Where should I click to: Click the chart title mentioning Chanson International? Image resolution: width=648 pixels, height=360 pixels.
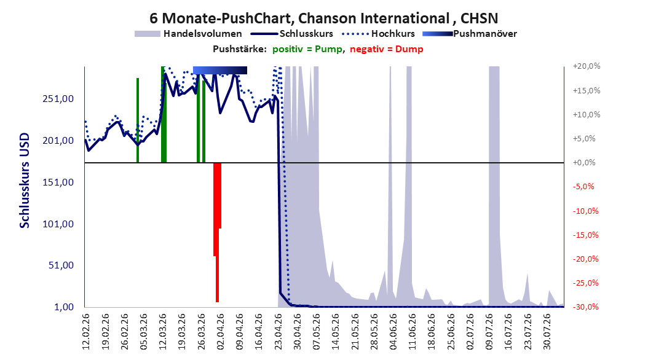pyautogui.click(x=323, y=18)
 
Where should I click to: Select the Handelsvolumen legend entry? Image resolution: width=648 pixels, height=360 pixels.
pyautogui.click(x=189, y=34)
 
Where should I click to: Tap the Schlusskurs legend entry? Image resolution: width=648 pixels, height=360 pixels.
pyautogui.click(x=292, y=34)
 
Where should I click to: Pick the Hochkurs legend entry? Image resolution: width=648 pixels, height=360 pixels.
pyautogui.click(x=378, y=34)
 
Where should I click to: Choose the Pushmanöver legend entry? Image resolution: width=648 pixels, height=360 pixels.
pyautogui.click(x=470, y=34)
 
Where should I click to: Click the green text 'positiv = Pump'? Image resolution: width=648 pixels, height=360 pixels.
pyautogui.click(x=307, y=49)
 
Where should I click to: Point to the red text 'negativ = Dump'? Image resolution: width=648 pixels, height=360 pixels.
pyautogui.click(x=387, y=49)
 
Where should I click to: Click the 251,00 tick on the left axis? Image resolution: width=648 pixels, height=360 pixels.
pyautogui.click(x=58, y=99)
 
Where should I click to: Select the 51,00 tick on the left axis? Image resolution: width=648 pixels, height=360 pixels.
pyautogui.click(x=61, y=265)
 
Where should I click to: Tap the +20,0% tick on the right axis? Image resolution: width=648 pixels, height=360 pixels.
pyautogui.click(x=587, y=66)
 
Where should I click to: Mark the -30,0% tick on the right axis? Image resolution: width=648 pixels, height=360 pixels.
pyautogui.click(x=585, y=307)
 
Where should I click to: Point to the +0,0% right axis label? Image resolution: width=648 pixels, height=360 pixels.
pyautogui.click(x=584, y=163)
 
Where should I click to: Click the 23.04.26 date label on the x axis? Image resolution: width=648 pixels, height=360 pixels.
pyautogui.click(x=278, y=332)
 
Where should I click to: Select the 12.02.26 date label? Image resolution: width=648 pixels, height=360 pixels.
pyautogui.click(x=86, y=332)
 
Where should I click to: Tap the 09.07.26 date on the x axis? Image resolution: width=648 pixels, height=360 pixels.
pyautogui.click(x=489, y=332)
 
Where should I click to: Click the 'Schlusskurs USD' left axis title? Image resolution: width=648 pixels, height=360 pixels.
pyautogui.click(x=25, y=181)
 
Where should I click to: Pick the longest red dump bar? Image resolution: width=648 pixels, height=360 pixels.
pyautogui.click(x=218, y=232)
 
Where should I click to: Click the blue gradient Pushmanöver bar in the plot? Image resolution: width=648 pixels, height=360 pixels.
pyautogui.click(x=220, y=70)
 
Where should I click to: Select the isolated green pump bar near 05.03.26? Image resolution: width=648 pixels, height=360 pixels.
pyautogui.click(x=138, y=120)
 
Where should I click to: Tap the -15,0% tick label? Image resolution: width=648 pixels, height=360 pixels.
pyautogui.click(x=585, y=235)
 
